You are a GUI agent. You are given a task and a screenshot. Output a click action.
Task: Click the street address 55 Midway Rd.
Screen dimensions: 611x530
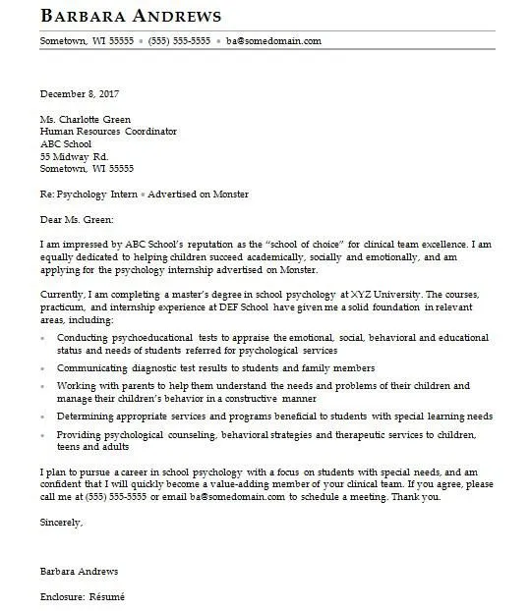pyautogui.click(x=74, y=156)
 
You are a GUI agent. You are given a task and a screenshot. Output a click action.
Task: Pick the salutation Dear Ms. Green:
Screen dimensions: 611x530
pyautogui.click(x=77, y=219)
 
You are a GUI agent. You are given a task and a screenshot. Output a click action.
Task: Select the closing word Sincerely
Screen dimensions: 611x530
pyautogui.click(x=61, y=522)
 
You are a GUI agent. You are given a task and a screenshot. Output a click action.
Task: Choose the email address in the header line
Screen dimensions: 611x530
pyautogui.click(x=273, y=42)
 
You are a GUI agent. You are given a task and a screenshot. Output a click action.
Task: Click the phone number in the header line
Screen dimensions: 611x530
pyautogui.click(x=179, y=42)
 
